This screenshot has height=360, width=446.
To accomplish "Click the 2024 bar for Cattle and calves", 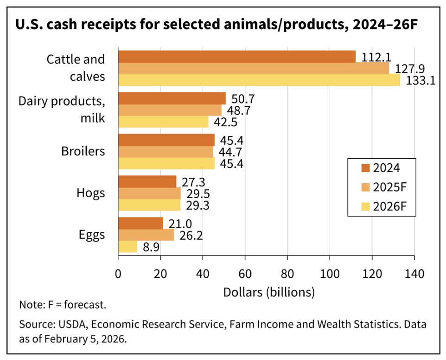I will coord(237,56).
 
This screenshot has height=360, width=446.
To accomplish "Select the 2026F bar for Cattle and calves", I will coord(259,80).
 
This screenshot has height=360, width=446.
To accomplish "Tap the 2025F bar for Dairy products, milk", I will coord(170,110).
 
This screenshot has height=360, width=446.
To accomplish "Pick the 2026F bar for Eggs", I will coord(127,247).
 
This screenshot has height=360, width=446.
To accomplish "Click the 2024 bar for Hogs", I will coord(147,181).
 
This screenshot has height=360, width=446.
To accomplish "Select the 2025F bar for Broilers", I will coord(166,152).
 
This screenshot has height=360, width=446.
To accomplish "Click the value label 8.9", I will coord(151,247).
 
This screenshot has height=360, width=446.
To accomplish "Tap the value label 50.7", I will coord(243,98).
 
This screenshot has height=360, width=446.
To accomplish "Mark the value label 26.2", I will coord(191,235).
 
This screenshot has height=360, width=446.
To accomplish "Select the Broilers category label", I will coord(83,152).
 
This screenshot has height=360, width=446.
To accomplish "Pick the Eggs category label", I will coord(92,235).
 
